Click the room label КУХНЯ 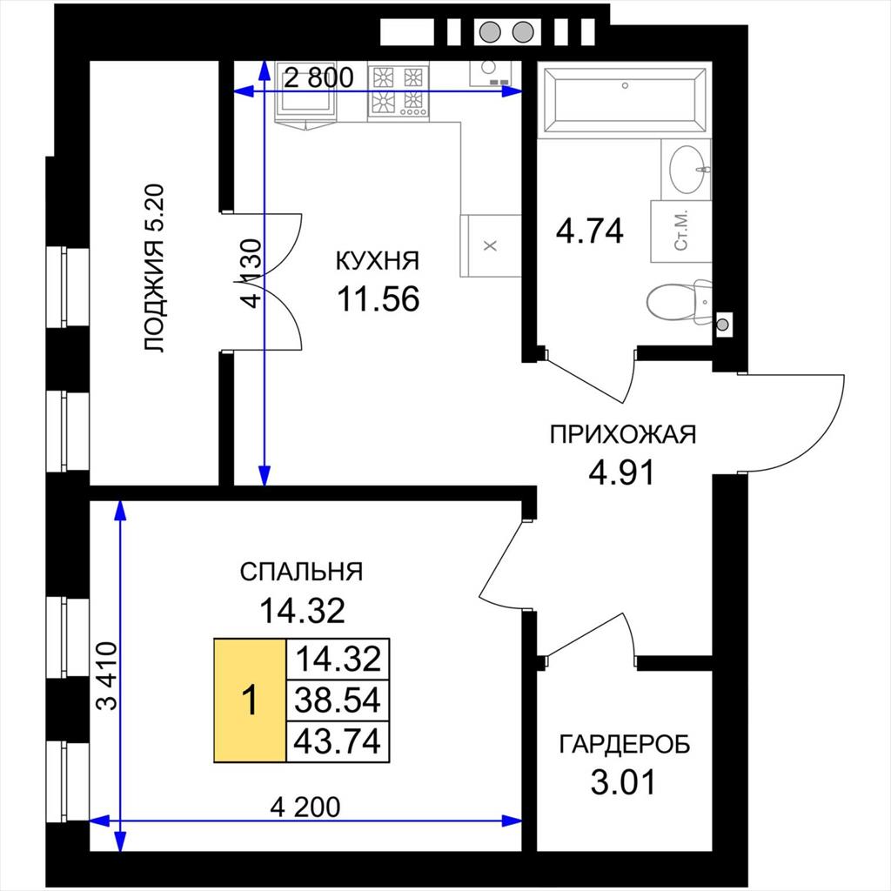pyautogui.click(x=378, y=261)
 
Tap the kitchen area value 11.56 pyautogui.click(x=379, y=299)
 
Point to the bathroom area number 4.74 pyautogui.click(x=590, y=231)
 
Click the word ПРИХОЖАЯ pyautogui.click(x=623, y=435)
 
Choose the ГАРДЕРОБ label pyautogui.click(x=625, y=744)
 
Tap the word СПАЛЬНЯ pyautogui.click(x=301, y=572)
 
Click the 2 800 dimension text pyautogui.click(x=318, y=77)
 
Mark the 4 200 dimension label pyautogui.click(x=305, y=807)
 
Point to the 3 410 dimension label pyautogui.click(x=106, y=675)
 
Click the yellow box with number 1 pyautogui.click(x=250, y=700)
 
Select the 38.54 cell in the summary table pyautogui.click(x=338, y=700)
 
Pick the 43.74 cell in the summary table pyautogui.click(x=338, y=741)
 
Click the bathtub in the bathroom pyautogui.click(x=624, y=100)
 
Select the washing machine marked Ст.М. pyautogui.click(x=681, y=231)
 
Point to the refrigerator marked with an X pyautogui.click(x=491, y=245)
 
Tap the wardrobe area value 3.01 pyautogui.click(x=623, y=782)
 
